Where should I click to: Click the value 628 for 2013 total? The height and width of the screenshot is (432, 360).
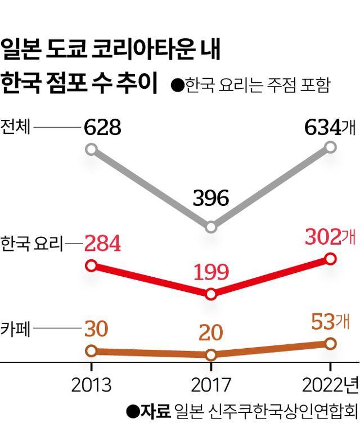(102, 128)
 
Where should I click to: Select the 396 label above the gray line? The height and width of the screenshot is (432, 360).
(210, 198)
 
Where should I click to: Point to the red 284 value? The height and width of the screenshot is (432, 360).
(102, 244)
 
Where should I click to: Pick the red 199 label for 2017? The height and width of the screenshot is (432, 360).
(210, 272)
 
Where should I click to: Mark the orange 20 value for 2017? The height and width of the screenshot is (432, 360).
(210, 332)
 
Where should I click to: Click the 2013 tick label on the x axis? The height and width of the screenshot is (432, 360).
(92, 385)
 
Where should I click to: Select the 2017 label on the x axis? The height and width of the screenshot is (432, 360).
(210, 385)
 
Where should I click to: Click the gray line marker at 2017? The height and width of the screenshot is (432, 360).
(211, 227)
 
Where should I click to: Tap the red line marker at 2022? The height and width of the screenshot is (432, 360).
(331, 259)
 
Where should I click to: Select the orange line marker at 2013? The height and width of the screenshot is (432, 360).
(92, 351)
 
